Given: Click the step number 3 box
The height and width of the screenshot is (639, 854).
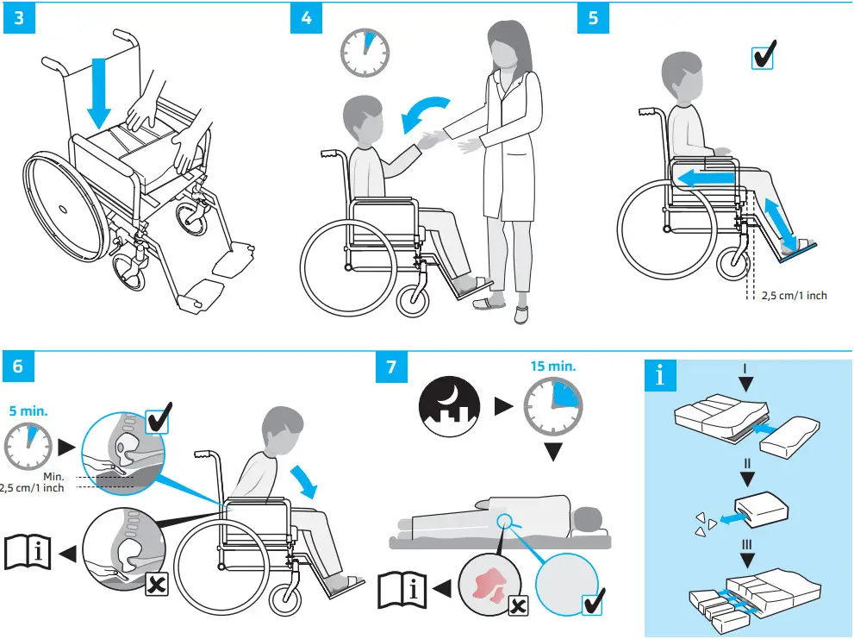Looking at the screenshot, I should (x=20, y=20).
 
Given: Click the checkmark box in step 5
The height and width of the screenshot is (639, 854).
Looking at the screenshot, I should (x=762, y=57).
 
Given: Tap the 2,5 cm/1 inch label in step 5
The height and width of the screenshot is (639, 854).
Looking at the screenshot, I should (x=794, y=295).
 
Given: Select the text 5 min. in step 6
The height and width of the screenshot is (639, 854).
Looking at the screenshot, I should (x=27, y=411).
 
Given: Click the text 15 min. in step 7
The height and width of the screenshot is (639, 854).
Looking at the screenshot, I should (x=552, y=366).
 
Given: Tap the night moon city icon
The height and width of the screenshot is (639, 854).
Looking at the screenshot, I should (x=451, y=404).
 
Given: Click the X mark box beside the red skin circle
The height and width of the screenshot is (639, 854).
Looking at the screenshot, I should (x=517, y=607).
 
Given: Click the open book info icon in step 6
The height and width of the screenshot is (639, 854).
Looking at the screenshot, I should (x=28, y=552).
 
